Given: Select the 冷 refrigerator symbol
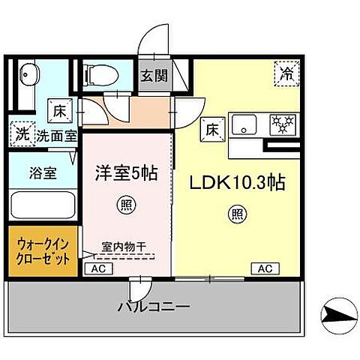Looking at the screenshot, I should pos(287,73).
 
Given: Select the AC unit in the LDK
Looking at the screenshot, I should pos(264,268).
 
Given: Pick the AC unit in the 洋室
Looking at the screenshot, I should pos(97,268).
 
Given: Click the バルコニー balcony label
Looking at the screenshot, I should pos(153,307).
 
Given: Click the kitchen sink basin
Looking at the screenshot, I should pos(244,125).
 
